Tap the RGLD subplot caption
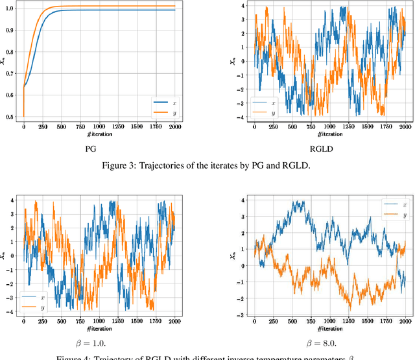click(322, 147)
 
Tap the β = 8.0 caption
click(322, 339)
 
